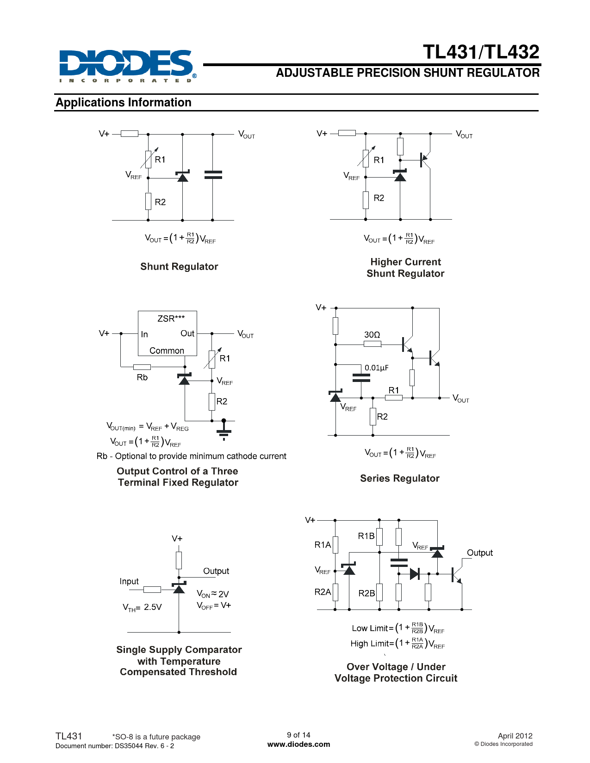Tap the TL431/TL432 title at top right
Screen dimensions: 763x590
point(481,52)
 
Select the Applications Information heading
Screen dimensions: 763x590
point(124,102)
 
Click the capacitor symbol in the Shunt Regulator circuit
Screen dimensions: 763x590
point(213,174)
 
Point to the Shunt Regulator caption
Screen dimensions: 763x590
point(179,266)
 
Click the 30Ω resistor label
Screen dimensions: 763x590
point(372,334)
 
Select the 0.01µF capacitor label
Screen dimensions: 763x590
point(376,368)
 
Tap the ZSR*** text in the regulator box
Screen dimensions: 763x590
point(171,319)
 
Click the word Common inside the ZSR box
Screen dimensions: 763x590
point(167,351)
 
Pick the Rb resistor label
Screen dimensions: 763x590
point(142,377)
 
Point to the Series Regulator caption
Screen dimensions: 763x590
point(400,478)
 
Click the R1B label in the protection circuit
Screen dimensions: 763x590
point(366,535)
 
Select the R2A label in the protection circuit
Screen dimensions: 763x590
point(323,591)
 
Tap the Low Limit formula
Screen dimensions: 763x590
point(398,628)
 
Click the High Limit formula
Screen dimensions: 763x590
point(397,643)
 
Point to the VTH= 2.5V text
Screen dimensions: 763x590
point(142,607)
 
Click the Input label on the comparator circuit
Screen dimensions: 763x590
point(129,581)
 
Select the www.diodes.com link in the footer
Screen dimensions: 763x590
point(298,744)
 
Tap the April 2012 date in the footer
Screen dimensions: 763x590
point(515,736)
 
